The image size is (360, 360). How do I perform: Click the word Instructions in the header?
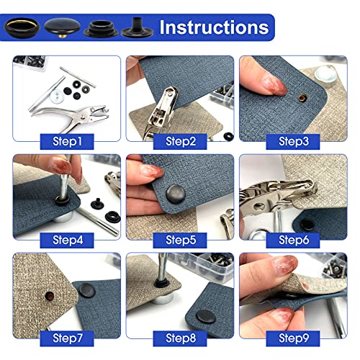click(214, 27)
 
